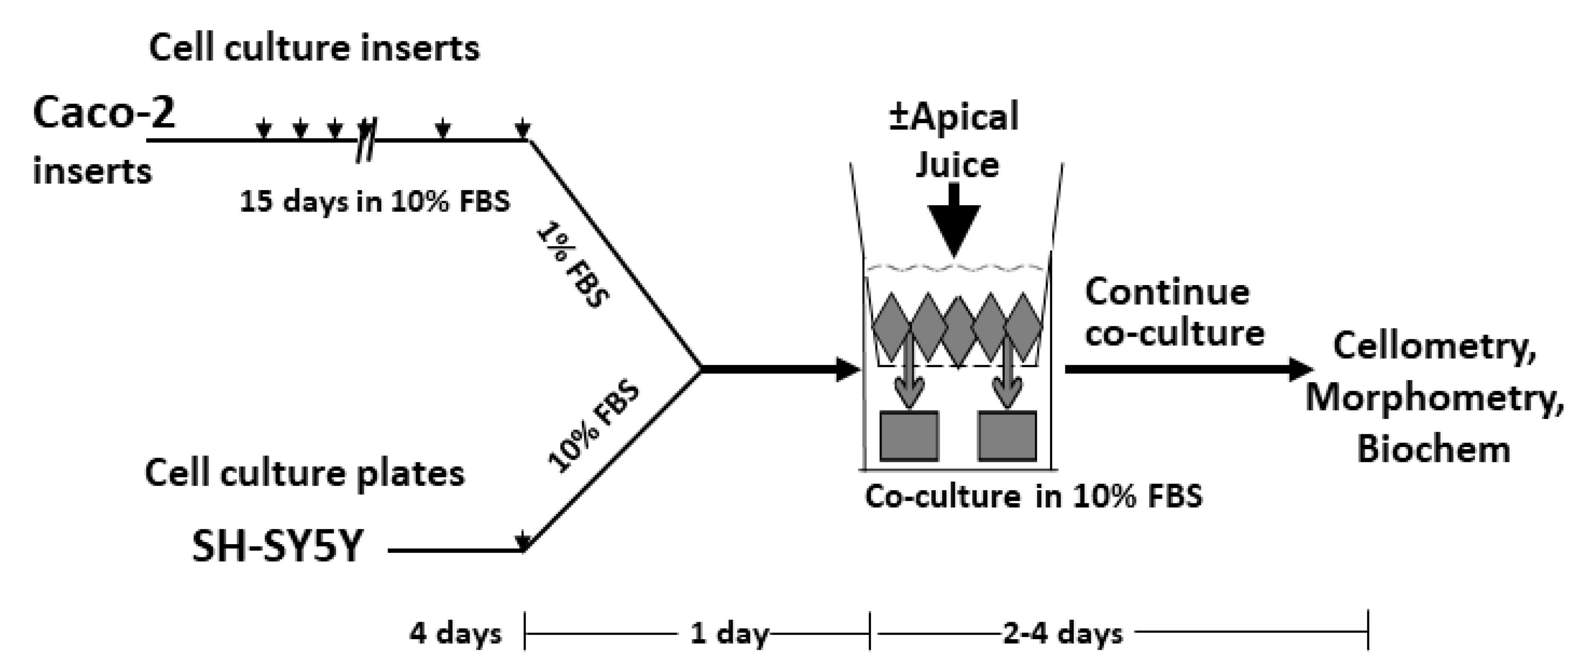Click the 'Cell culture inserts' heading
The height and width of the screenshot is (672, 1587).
(x=314, y=48)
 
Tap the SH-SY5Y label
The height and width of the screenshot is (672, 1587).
(x=277, y=547)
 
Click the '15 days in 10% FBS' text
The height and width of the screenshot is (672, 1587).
(x=374, y=201)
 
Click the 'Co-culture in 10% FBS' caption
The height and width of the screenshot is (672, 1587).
(x=1033, y=497)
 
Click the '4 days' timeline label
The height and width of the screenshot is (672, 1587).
(x=455, y=633)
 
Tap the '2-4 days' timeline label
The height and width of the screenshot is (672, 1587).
(x=1063, y=633)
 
